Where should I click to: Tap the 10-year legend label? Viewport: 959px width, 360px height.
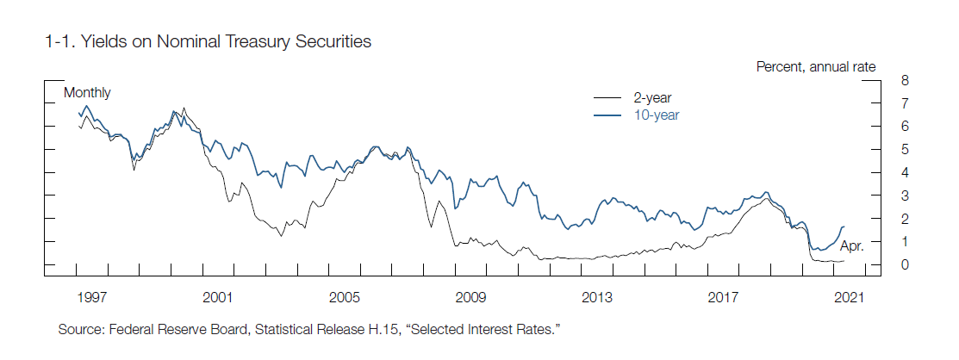pos(656,114)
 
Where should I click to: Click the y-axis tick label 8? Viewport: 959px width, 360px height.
pos(904,80)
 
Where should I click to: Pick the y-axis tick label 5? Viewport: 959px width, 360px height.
pos(904,150)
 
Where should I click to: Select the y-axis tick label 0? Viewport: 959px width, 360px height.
pos(904,265)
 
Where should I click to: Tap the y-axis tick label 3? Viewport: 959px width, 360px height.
pos(904,196)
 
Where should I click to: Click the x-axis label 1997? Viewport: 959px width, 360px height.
pos(91,298)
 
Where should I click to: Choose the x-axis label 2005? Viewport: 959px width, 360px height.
pos(344,298)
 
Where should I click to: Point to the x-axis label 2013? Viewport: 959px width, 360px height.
pos(597,298)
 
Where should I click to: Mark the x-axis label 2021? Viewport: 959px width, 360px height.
pos(850,298)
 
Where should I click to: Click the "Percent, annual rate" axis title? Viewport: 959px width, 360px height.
pos(816,66)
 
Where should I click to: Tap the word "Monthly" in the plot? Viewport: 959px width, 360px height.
pos(87,93)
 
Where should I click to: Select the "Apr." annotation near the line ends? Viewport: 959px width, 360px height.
pos(851,246)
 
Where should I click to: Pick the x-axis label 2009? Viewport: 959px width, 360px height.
pos(470,298)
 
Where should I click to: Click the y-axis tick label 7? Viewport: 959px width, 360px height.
pos(904,103)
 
